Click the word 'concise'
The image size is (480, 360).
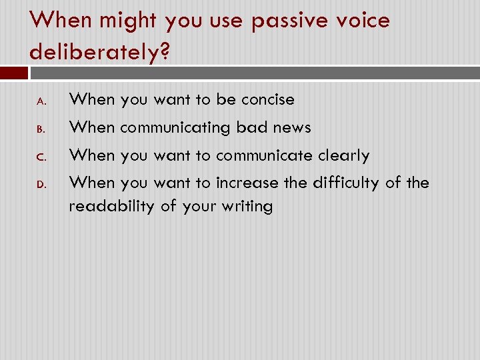[267, 100]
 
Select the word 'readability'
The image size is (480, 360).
[111, 207]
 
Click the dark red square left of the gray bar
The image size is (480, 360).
[14, 73]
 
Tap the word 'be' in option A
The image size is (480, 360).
[226, 100]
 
